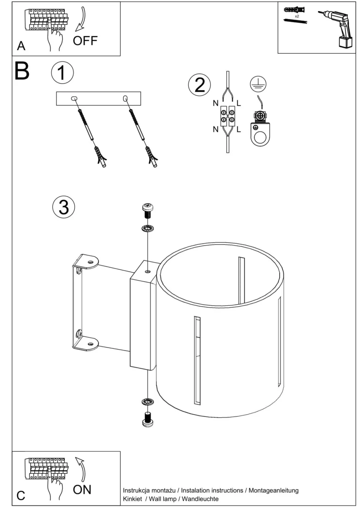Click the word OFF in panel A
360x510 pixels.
(85, 41)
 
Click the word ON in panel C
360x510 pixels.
(82, 489)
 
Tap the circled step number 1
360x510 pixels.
(62, 73)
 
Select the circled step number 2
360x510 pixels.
(200, 85)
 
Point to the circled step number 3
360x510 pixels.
(64, 207)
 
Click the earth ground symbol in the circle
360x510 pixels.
(259, 84)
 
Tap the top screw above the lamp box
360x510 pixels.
(147, 211)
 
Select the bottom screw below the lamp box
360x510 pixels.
(147, 418)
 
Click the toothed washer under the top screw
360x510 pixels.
(147, 229)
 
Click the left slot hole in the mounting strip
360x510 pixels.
(74, 98)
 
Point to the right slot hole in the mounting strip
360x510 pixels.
(125, 98)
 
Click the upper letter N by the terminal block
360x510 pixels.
(215, 103)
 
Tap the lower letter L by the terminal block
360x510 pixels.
(239, 130)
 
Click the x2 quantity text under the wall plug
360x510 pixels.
(297, 16)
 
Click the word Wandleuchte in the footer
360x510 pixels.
(200, 499)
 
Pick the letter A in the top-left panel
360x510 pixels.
(21, 46)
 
